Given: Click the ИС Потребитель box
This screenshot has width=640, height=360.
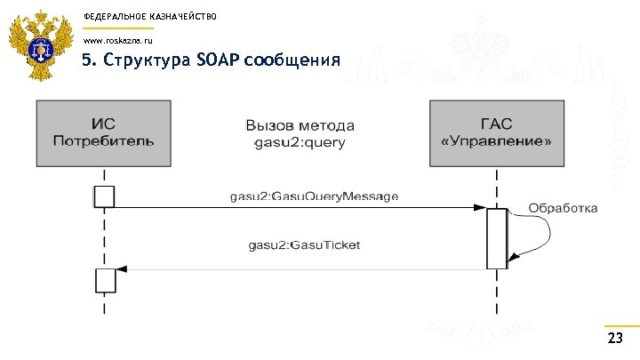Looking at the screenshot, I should [x=103, y=133].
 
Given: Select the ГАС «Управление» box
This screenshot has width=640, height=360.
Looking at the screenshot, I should [x=496, y=133].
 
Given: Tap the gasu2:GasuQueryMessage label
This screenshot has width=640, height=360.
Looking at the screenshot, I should [x=314, y=196].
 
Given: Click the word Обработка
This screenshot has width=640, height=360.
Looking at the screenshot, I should [x=564, y=208].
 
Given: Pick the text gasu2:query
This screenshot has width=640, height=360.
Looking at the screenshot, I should [x=300, y=142].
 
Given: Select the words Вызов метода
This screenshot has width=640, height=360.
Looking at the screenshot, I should [x=300, y=124].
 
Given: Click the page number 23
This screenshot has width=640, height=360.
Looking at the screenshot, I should [x=614, y=339].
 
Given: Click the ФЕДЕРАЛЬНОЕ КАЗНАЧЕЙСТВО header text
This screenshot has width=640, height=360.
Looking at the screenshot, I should [x=137, y=17].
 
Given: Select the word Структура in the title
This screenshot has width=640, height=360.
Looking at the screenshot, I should [x=143, y=60].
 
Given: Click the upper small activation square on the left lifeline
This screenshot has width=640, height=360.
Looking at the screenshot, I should [x=105, y=196].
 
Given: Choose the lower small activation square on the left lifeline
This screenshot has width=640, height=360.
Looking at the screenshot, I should [x=105, y=280].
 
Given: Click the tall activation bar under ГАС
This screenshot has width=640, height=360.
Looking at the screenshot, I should [x=497, y=237].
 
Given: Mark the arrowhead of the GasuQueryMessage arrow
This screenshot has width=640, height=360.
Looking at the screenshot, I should [x=479, y=208].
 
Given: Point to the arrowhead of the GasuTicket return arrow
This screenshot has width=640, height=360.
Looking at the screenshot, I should [x=122, y=268].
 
